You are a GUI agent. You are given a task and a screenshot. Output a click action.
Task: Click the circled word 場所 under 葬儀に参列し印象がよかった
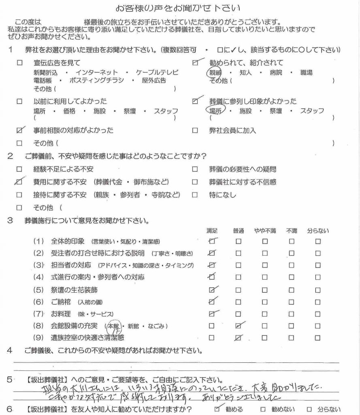(215, 111)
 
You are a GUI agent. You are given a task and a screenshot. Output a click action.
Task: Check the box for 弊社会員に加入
(195, 131)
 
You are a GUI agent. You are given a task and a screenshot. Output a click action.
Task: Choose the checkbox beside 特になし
(195, 195)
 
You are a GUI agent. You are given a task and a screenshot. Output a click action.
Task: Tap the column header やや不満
(265, 231)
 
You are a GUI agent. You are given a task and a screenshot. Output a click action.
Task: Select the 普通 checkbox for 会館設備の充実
(239, 325)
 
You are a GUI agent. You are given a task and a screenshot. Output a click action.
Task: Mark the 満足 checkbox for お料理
(211, 314)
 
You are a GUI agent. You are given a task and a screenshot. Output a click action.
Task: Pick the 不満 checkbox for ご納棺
(292, 302)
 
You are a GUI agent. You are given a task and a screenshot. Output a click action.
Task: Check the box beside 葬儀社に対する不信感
(195, 182)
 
